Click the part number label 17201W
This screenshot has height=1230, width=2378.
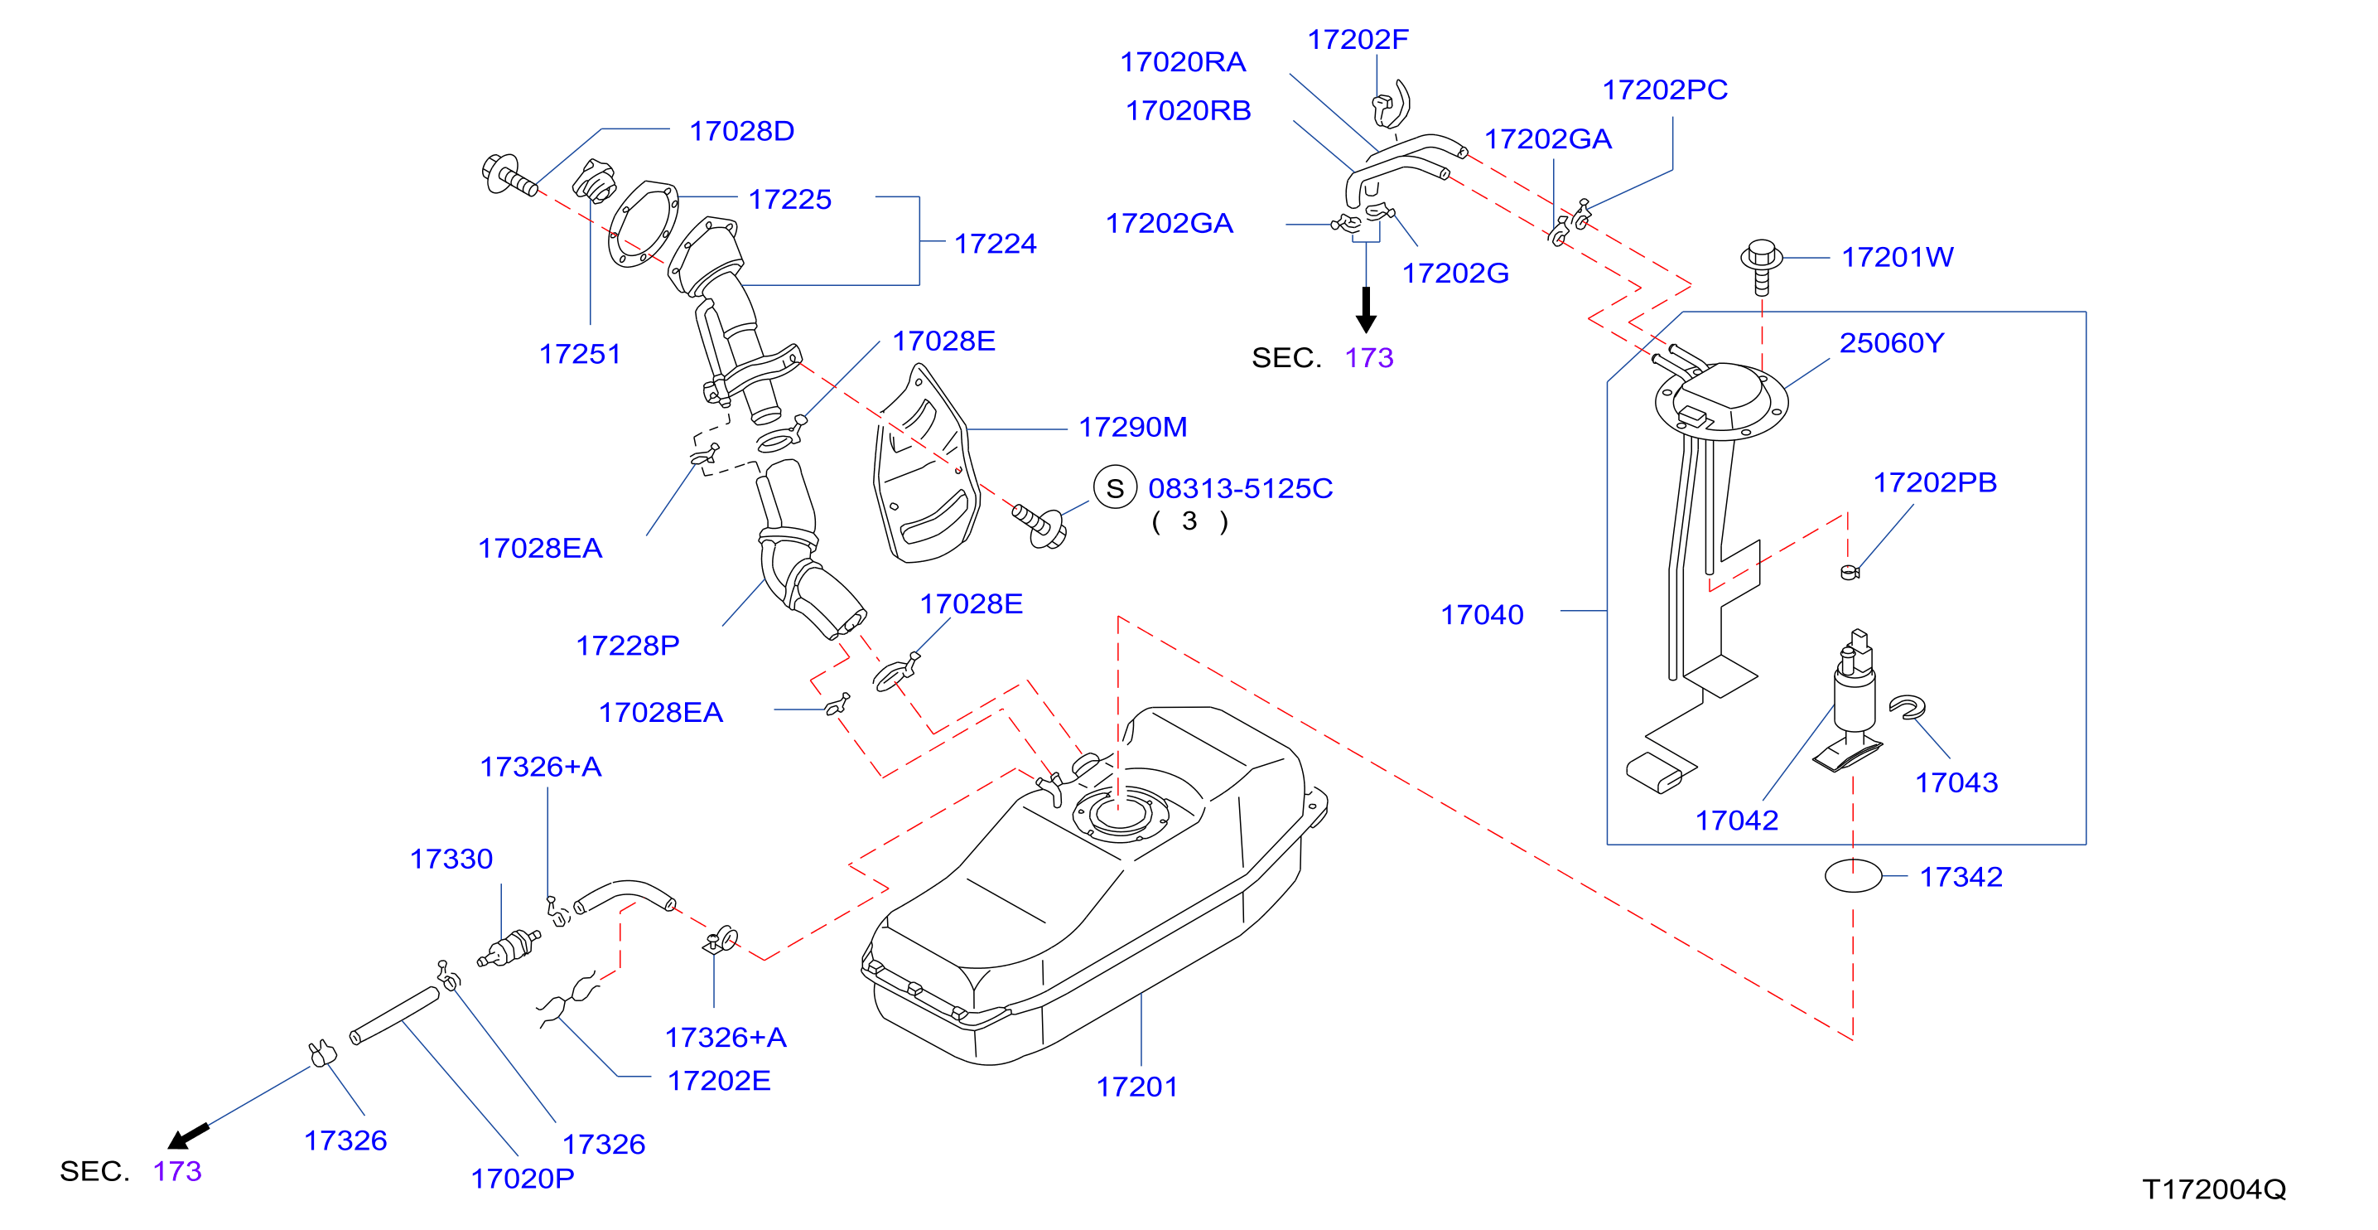(1897, 257)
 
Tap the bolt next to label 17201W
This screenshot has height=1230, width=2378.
(1762, 267)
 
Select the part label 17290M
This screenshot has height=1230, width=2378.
(1133, 427)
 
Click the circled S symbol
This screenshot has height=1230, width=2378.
(1115, 487)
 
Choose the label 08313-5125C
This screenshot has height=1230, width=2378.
(1240, 487)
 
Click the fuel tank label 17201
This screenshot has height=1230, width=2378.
(1136, 1086)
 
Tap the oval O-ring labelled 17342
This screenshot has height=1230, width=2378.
(1853, 875)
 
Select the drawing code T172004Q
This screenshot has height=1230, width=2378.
(2214, 1189)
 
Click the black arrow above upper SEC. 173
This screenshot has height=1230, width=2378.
(1366, 309)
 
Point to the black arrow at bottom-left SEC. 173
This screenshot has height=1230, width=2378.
(188, 1136)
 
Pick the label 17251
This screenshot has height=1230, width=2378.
(580, 354)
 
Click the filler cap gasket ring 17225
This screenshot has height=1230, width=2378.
(644, 225)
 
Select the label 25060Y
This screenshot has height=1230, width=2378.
(1892, 342)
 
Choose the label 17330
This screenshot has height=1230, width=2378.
(451, 859)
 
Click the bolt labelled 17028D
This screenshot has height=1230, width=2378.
(509, 176)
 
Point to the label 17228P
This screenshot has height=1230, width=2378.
(628, 645)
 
